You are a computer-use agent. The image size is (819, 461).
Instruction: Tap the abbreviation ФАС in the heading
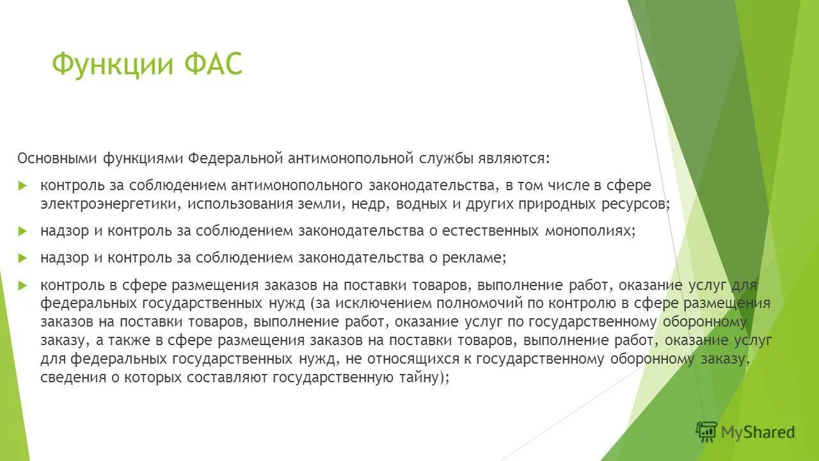pos(212,65)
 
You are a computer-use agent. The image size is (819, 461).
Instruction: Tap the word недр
pos(371,204)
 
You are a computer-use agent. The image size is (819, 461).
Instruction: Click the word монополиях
pos(589,230)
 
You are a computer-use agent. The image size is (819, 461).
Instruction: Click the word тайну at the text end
pos(424,377)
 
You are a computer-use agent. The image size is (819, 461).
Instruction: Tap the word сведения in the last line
pos(70,377)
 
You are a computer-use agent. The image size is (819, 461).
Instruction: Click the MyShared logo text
pos(758,432)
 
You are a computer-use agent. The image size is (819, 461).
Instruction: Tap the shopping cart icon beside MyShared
pos(706,432)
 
